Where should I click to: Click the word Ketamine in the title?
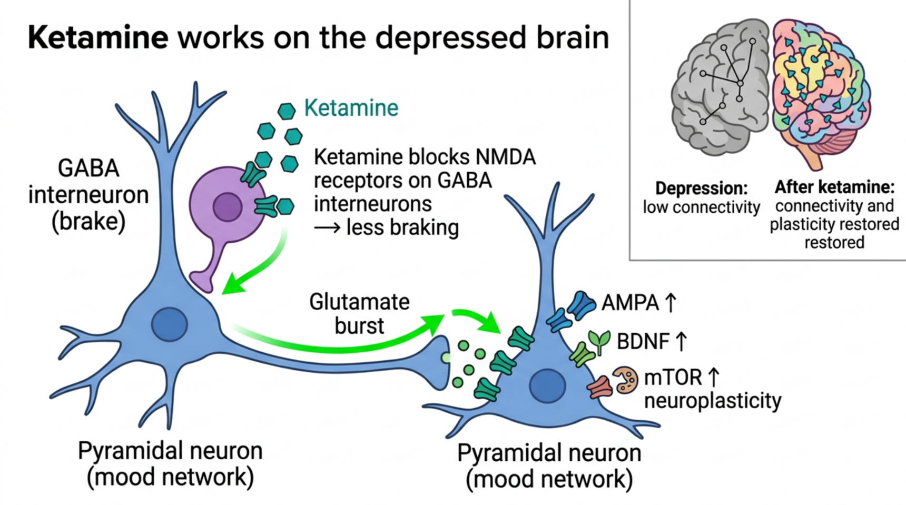98,38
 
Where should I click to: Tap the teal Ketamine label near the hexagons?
351,108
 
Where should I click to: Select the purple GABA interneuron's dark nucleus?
228,207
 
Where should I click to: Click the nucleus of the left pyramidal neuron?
170,324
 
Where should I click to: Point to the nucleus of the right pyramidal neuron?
547,385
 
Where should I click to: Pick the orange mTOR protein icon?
625,380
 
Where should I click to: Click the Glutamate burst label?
359,314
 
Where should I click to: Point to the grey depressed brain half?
720,87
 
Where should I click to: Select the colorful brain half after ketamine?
821,90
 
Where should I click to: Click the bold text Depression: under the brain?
701,188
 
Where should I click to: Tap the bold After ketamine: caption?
834,187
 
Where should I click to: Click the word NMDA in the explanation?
505,157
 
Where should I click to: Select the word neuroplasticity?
713,401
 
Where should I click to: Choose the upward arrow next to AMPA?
671,303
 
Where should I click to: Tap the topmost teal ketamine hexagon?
287,111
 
